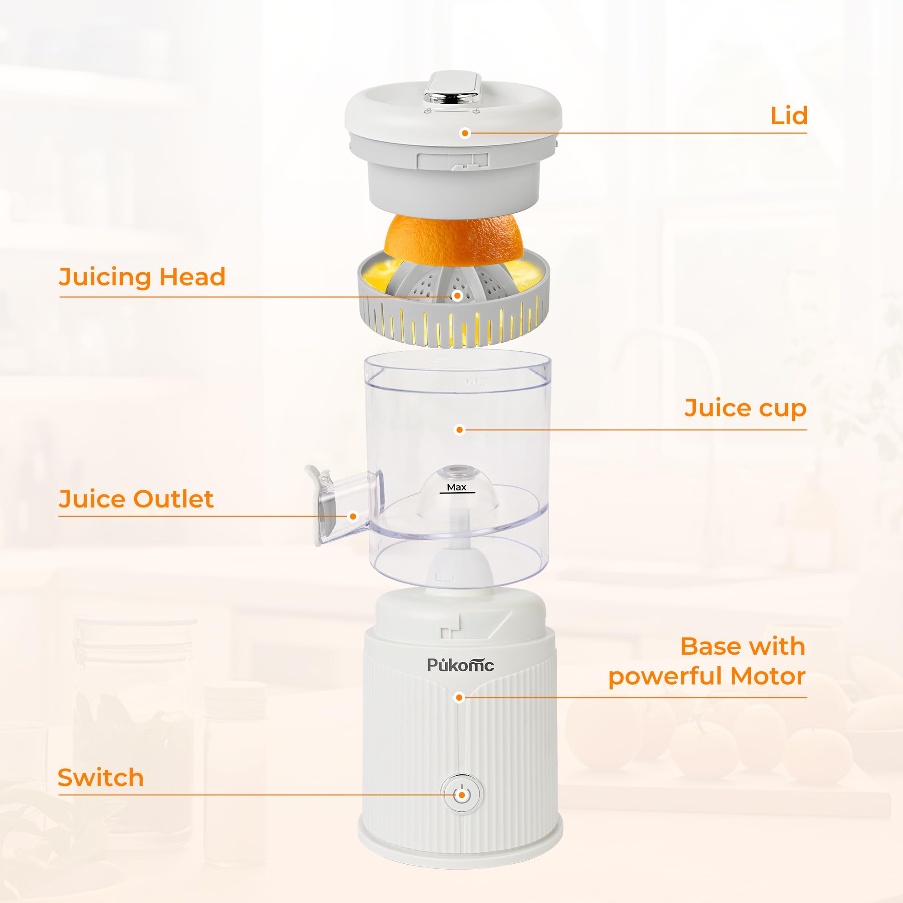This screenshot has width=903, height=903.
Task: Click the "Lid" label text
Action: [x=789, y=116]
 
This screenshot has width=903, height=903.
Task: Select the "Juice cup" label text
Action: [x=745, y=408]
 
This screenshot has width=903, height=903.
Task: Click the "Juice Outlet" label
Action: [x=136, y=499]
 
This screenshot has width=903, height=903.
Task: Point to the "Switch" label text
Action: [x=101, y=778]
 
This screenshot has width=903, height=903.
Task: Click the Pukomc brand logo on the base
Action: [x=461, y=665]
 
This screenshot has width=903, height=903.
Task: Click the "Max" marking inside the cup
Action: [x=456, y=487]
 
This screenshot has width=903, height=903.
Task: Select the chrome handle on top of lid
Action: [x=451, y=97]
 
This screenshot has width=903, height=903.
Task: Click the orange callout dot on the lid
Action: [x=465, y=133]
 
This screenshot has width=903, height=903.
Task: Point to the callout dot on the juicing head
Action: [x=457, y=296]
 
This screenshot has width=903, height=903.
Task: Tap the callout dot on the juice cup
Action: [x=460, y=429]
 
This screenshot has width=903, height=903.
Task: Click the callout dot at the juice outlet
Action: [x=354, y=517]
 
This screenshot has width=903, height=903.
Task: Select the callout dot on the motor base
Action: [x=460, y=698]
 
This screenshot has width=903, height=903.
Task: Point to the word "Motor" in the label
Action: [x=768, y=676]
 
